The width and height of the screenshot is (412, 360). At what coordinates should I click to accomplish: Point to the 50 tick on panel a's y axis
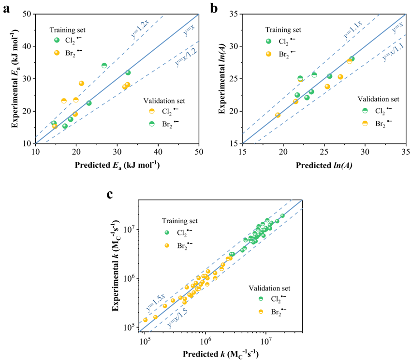tap(27, 14)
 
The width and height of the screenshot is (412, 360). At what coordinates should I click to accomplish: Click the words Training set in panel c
tap(180, 221)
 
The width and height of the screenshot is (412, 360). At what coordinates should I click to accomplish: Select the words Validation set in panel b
tap(378, 99)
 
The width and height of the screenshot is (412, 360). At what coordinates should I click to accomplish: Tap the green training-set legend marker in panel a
tap(57, 40)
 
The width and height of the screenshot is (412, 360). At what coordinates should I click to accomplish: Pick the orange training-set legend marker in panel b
tap(269, 53)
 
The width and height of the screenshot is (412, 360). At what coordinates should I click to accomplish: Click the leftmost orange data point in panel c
tap(145, 320)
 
